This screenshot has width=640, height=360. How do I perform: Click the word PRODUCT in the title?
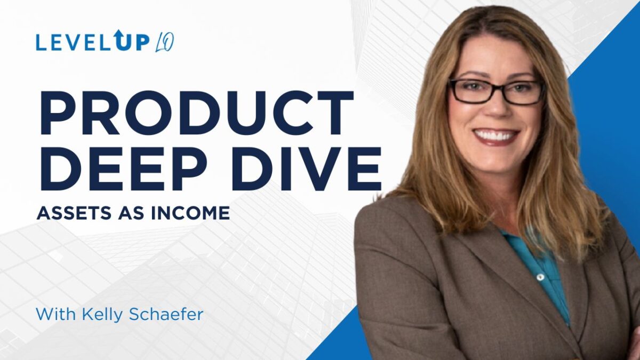(x=197, y=113)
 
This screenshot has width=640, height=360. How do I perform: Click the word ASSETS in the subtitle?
(x=74, y=213)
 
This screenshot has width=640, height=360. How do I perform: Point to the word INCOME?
(x=190, y=213)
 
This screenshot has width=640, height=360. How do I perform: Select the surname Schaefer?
(x=166, y=314)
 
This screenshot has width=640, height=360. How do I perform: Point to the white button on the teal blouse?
(x=541, y=277)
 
